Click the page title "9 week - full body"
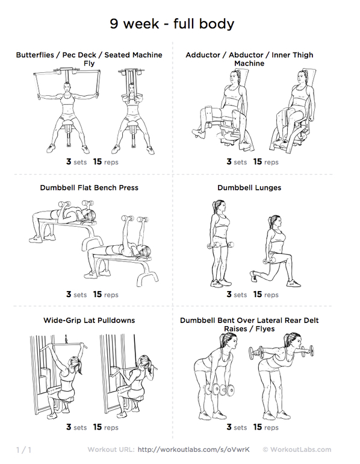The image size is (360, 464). (x=172, y=24)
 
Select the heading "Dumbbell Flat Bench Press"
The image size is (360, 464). (x=89, y=187)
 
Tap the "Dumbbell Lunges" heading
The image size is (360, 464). (x=249, y=187)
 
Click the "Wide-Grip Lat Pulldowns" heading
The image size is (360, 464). (x=89, y=320)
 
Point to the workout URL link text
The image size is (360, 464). (x=194, y=450)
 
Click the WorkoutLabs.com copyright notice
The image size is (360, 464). (x=297, y=450)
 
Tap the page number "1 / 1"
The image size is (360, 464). (x=23, y=450)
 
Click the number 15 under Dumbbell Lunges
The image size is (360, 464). (x=258, y=294)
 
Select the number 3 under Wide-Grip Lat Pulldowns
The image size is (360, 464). (x=69, y=427)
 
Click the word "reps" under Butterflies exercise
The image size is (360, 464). (x=111, y=162)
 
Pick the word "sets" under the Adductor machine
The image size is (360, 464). (x=240, y=162)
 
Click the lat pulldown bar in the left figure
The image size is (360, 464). (x=63, y=345)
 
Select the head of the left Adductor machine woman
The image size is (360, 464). (x=234, y=78)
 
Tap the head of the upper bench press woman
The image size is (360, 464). (x=89, y=216)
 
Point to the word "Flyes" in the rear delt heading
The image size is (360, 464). (x=265, y=329)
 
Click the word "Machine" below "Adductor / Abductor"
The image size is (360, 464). (x=249, y=63)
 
